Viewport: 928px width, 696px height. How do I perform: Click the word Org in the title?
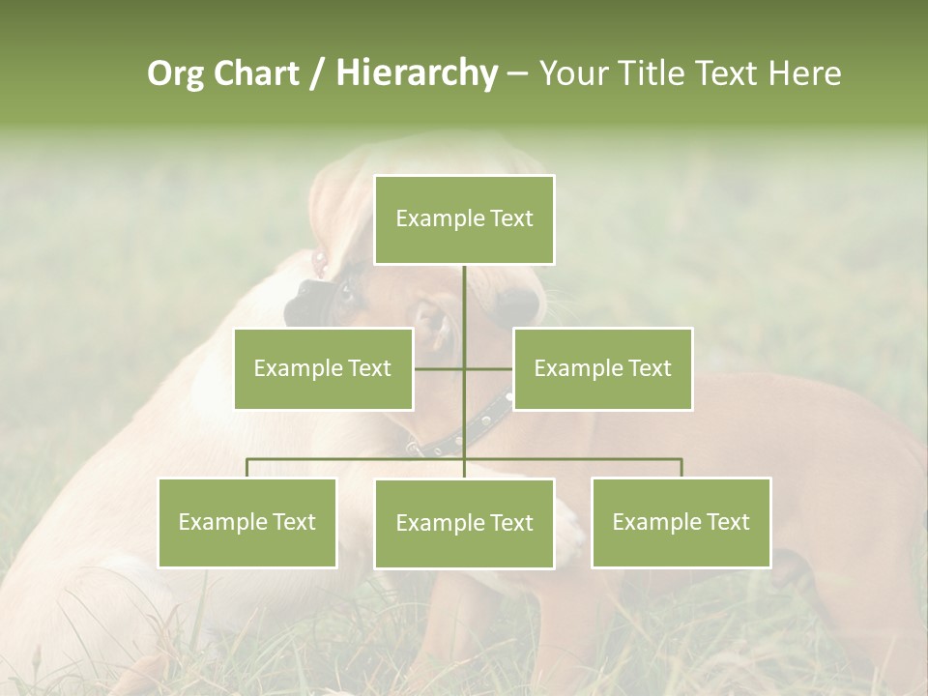point(175,73)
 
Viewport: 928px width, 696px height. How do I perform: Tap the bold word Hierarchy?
point(417,73)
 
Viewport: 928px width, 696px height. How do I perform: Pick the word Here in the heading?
point(805,73)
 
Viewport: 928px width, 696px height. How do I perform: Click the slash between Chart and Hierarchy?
point(316,74)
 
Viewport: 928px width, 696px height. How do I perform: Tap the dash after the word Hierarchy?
point(517,74)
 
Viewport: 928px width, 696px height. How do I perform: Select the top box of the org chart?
point(464,219)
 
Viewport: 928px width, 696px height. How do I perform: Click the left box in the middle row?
point(323,368)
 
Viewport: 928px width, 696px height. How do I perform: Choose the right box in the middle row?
point(602,368)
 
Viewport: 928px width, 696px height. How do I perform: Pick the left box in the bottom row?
point(246,522)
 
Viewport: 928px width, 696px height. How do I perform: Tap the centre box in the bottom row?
point(464,523)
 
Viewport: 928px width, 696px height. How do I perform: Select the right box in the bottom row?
point(681,522)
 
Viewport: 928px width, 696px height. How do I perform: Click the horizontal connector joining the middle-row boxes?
point(440,368)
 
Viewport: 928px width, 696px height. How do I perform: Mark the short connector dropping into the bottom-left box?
point(246,468)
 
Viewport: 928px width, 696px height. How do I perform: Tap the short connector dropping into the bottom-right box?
point(681,468)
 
